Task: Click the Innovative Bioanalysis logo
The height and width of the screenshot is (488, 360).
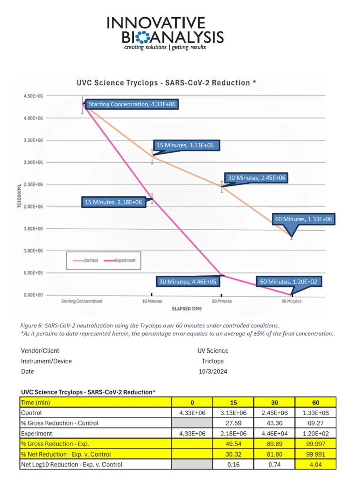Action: click(x=165, y=33)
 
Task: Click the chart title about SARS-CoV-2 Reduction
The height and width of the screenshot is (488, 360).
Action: click(x=167, y=82)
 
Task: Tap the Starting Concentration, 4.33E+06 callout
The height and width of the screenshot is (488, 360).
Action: click(x=133, y=104)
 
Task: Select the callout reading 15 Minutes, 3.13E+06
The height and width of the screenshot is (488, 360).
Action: click(x=187, y=145)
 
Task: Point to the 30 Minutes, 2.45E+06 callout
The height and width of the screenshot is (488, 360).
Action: click(x=257, y=178)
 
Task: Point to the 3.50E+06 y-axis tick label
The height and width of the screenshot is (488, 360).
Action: click(x=33, y=141)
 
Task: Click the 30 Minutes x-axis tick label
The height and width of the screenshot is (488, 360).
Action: click(x=221, y=301)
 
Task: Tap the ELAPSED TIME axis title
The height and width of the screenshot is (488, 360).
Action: click(x=187, y=309)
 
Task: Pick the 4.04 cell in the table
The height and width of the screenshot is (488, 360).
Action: click(x=316, y=465)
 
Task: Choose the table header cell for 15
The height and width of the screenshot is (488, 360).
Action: click(x=233, y=403)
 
